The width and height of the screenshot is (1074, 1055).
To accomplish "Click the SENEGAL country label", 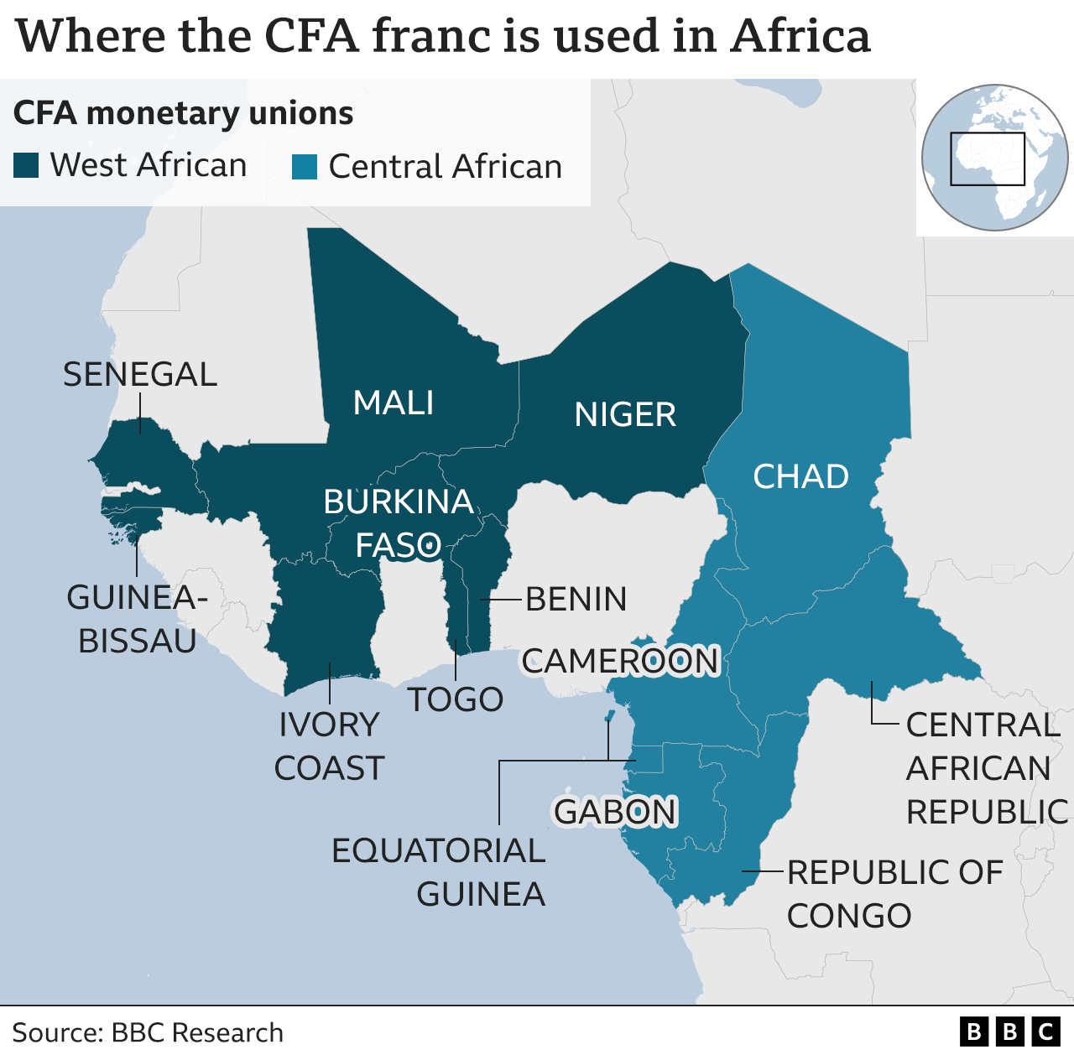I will (x=140, y=375).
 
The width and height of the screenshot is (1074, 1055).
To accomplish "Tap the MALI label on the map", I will (x=394, y=403).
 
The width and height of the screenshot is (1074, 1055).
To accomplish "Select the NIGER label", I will (x=625, y=415).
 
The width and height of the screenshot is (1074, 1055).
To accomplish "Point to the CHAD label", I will (x=800, y=477).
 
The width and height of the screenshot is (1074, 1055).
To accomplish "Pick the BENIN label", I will (x=576, y=600).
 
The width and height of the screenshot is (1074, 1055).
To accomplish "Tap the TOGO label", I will (x=456, y=699).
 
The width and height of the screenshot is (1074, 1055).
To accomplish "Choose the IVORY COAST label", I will (x=329, y=746).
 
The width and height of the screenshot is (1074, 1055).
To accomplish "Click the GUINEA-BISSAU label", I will (x=137, y=620).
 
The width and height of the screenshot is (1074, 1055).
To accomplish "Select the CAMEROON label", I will (x=621, y=662).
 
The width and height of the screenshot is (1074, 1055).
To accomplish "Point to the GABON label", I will (x=615, y=812).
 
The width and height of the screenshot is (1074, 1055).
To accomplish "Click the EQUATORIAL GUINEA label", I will (x=439, y=872).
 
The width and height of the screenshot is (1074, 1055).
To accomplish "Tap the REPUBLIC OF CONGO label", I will (x=894, y=894).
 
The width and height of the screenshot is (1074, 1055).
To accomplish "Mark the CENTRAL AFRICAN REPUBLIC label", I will (x=986, y=768).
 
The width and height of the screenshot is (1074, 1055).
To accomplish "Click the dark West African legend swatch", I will (x=26, y=166).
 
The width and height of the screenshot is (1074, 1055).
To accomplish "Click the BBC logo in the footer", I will (x=1009, y=1032).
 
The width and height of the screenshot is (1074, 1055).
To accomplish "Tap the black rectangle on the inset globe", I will (x=988, y=159).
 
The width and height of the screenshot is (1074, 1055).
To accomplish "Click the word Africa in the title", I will (x=800, y=36).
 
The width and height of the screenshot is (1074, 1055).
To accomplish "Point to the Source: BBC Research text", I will (x=148, y=1032).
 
